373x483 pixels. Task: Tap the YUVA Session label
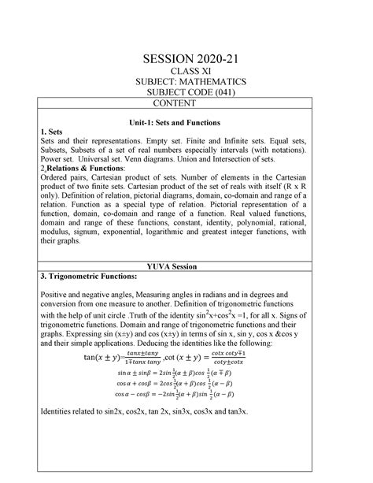click(x=186, y=268)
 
